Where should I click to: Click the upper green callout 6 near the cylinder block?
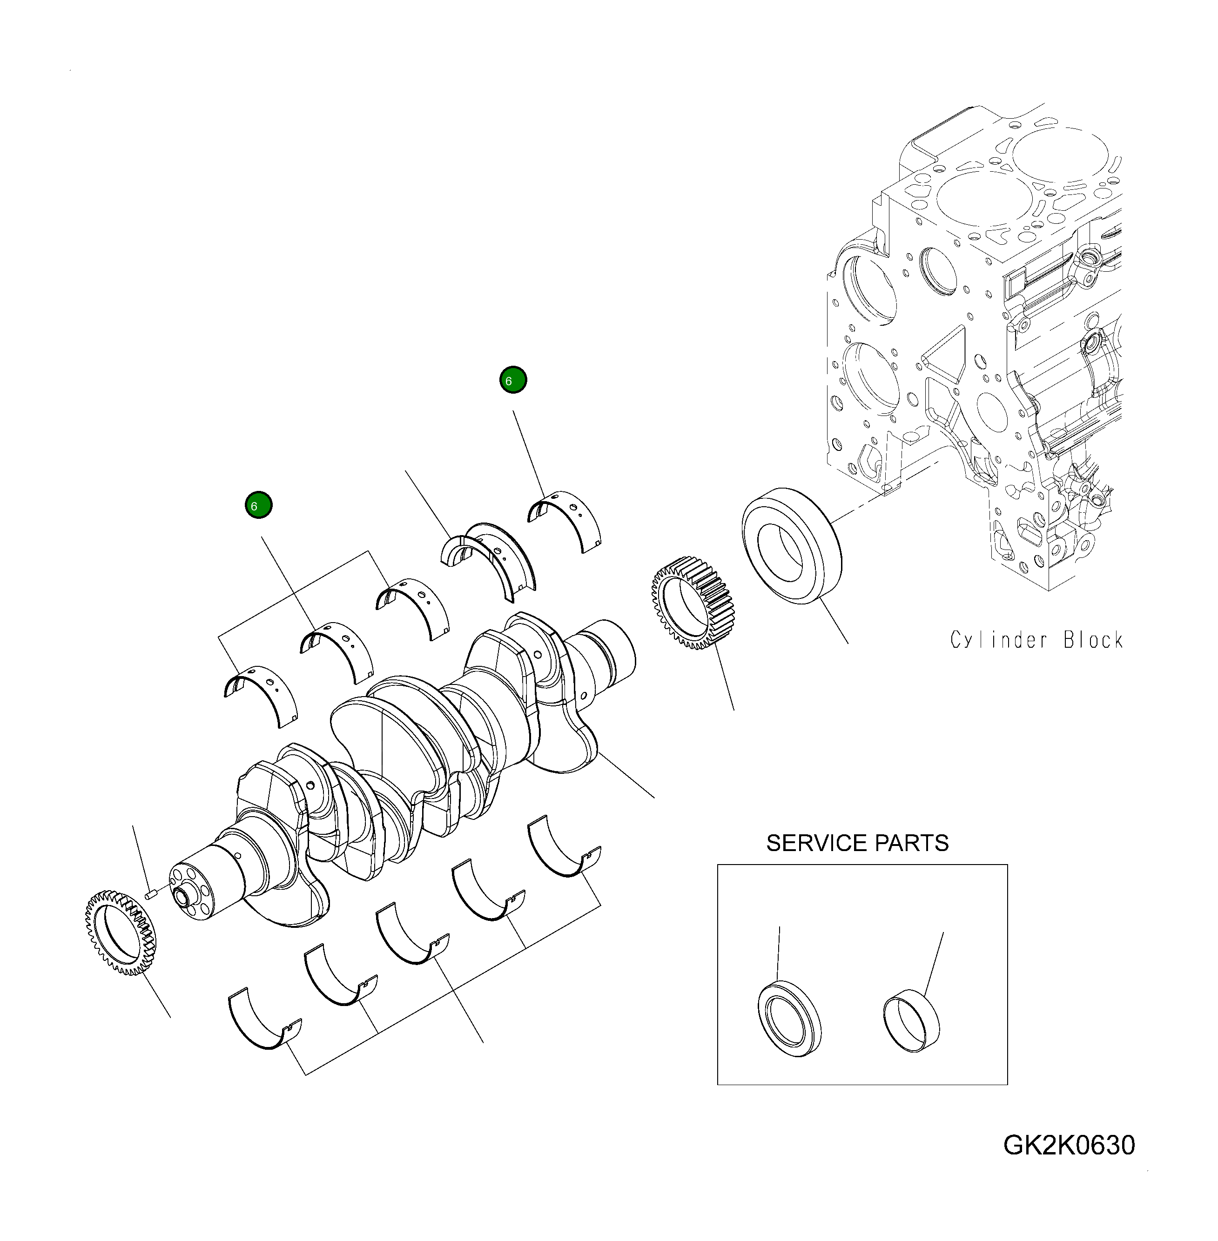pos(512,380)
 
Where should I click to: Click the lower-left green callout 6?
pos(258,505)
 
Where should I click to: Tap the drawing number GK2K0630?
pos(1069,1145)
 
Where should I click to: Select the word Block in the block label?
pos(1093,640)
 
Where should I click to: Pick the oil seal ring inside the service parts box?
pos(789,1019)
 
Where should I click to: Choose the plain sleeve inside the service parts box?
pos(912,1021)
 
